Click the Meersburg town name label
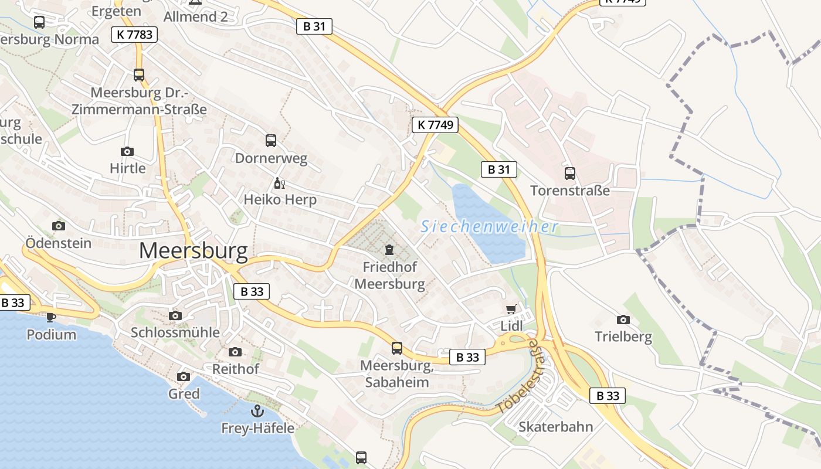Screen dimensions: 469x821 point(194,251)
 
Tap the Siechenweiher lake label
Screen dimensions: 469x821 point(490,226)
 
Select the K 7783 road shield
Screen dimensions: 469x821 point(134,35)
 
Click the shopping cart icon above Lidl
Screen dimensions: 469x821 point(511,309)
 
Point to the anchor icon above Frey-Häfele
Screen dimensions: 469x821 point(257,411)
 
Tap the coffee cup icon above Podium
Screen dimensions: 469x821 point(51,317)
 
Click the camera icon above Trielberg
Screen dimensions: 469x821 point(623,320)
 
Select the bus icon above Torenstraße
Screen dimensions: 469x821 point(569,173)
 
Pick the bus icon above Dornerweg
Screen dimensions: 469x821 point(270,140)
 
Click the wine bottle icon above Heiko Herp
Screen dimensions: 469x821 point(279,183)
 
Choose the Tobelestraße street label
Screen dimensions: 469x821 point(518,376)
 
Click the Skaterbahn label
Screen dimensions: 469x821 point(555,426)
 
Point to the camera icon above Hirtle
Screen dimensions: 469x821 point(127,151)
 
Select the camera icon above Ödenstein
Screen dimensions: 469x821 point(58,226)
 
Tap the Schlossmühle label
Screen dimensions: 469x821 point(175,332)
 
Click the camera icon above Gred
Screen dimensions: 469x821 point(184,376)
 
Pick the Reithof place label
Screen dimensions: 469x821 point(235,369)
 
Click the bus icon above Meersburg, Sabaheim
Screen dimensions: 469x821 point(397,348)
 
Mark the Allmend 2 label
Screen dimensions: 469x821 point(195,16)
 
